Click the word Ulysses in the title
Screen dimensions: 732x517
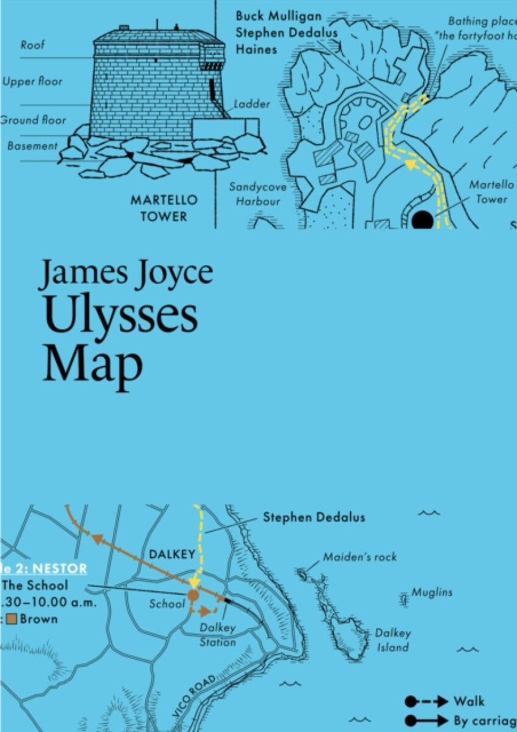pyautogui.click(x=119, y=317)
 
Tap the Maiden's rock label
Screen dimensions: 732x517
pyautogui.click(x=360, y=557)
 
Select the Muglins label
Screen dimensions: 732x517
pyautogui.click(x=432, y=592)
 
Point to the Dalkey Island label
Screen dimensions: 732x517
pyautogui.click(x=393, y=640)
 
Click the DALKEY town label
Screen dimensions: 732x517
pyautogui.click(x=171, y=554)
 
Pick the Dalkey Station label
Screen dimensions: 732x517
pyautogui.click(x=218, y=635)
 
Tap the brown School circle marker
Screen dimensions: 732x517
pyautogui.click(x=193, y=595)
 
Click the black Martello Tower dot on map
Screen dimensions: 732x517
pyautogui.click(x=423, y=220)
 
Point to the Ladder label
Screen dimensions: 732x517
pyautogui.click(x=252, y=104)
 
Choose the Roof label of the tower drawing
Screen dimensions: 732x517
pyautogui.click(x=32, y=45)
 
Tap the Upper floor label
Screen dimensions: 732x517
pyautogui.click(x=32, y=82)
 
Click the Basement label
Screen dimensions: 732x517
pyautogui.click(x=33, y=146)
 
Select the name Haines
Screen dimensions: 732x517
pyautogui.click(x=256, y=49)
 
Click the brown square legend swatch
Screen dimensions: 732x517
pyautogui.click(x=10, y=619)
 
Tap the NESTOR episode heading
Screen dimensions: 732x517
pyautogui.click(x=59, y=569)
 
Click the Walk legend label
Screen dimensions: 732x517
pyautogui.click(x=469, y=701)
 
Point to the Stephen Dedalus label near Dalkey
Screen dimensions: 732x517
pyautogui.click(x=314, y=518)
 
